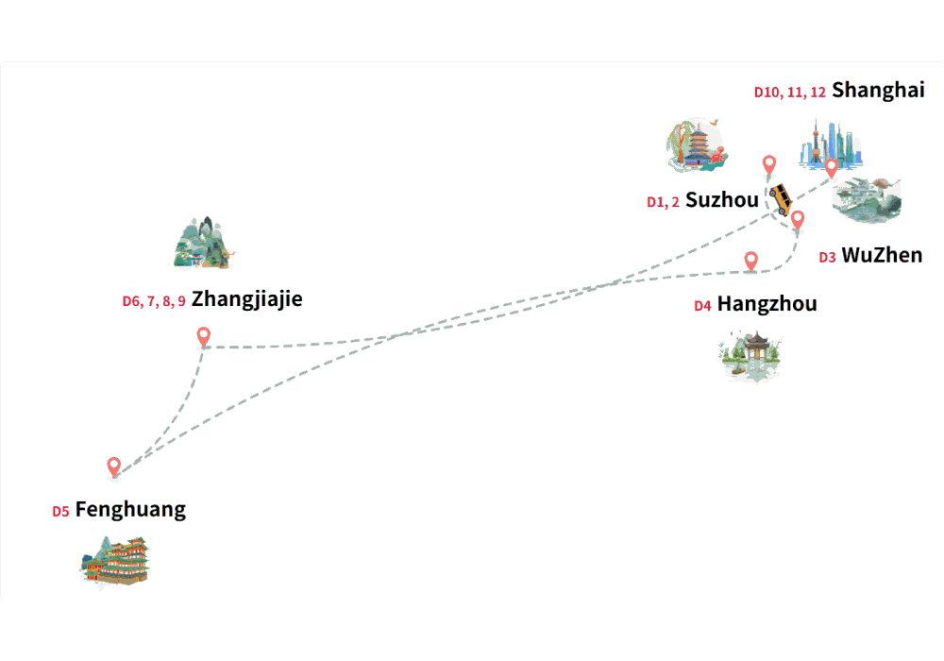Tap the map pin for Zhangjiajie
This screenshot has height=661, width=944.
pos(204,337)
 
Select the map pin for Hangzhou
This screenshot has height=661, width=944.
pos(750,262)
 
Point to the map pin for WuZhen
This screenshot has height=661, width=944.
pos(798,220)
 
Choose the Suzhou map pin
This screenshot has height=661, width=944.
pos(769,165)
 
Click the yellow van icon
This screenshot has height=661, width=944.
pos(781,199)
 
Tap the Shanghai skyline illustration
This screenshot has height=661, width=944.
pos(831,144)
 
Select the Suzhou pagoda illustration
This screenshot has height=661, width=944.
pos(698,145)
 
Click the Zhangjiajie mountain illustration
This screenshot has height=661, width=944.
pos(202,242)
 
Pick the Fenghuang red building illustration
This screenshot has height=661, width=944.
pos(115,561)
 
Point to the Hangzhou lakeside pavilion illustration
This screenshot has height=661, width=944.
pos(750,356)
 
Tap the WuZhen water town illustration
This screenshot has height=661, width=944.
pos(867,200)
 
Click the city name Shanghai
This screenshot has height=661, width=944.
pos(878,91)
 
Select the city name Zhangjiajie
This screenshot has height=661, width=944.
pos(246,299)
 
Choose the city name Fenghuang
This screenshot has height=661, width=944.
pos(130,510)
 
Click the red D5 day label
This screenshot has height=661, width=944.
pos(60,512)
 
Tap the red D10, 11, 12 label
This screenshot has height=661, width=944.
pos(790,93)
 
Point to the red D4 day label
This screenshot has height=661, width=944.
pos(702,306)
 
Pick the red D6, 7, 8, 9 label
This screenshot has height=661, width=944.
pos(154,301)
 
